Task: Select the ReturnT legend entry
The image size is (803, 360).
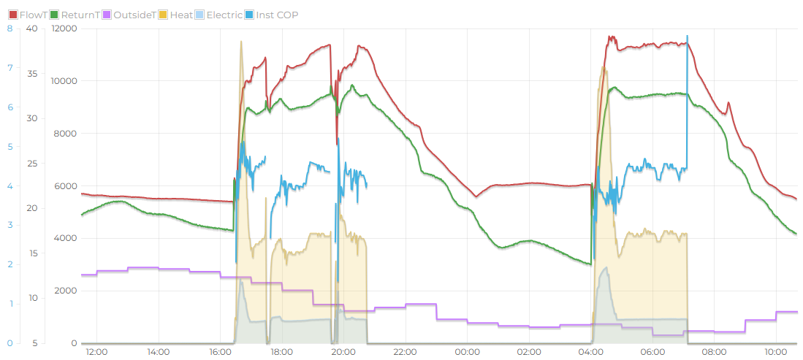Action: (x=80, y=15)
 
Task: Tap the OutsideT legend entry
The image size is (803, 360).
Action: (x=134, y=15)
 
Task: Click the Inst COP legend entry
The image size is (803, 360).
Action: (x=276, y=15)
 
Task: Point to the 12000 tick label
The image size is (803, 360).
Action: (x=64, y=28)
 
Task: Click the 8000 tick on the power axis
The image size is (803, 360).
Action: (x=66, y=134)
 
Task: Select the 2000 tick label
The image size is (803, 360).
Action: (x=66, y=291)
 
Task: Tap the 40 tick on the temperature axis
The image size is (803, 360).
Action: (x=31, y=28)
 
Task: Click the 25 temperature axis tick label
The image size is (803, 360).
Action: (x=31, y=164)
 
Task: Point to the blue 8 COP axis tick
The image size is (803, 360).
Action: (x=9, y=28)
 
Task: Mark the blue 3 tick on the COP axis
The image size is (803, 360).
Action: (x=9, y=225)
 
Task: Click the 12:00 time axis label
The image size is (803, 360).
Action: (x=96, y=352)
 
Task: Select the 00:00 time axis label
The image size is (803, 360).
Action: (x=467, y=352)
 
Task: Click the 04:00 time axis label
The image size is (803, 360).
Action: (x=590, y=352)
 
